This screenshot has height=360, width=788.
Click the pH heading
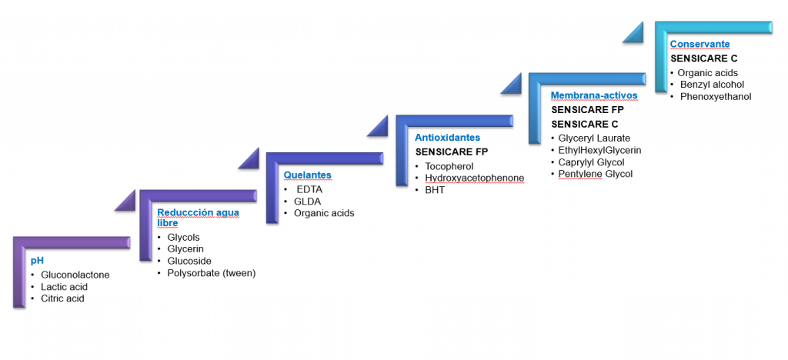[x=35, y=261]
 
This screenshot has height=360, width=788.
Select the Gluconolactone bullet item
[x=75, y=275]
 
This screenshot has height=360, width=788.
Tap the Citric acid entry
[x=62, y=298]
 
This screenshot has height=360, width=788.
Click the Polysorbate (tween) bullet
[x=211, y=273]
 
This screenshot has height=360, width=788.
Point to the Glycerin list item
[x=189, y=249]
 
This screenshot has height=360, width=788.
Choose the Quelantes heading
[x=307, y=175]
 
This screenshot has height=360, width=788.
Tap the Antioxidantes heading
[x=447, y=138]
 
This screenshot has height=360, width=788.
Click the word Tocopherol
[x=449, y=166]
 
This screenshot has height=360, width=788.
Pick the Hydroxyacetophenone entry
[x=474, y=178]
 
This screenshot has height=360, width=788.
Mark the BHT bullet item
[x=435, y=190]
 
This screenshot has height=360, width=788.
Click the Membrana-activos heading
[x=594, y=95]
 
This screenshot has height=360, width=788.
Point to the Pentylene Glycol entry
[x=595, y=174]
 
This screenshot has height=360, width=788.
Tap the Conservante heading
[x=700, y=45]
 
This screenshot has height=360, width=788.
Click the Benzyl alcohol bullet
[x=712, y=85]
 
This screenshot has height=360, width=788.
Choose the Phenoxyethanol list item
[x=715, y=97]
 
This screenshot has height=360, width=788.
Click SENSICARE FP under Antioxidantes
[x=451, y=152]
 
